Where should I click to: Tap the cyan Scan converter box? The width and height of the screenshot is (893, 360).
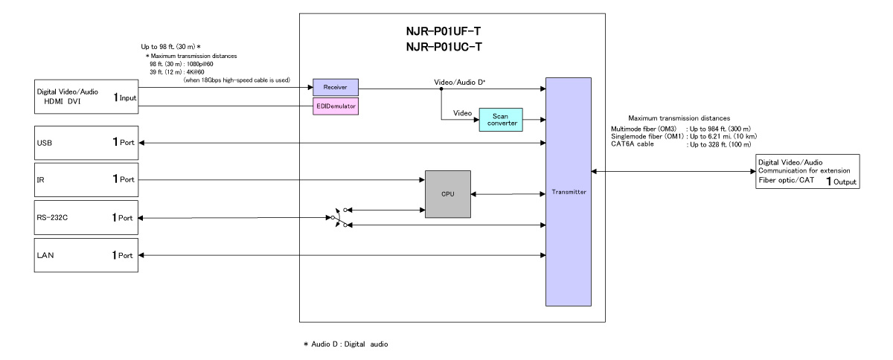(x=499, y=120)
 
